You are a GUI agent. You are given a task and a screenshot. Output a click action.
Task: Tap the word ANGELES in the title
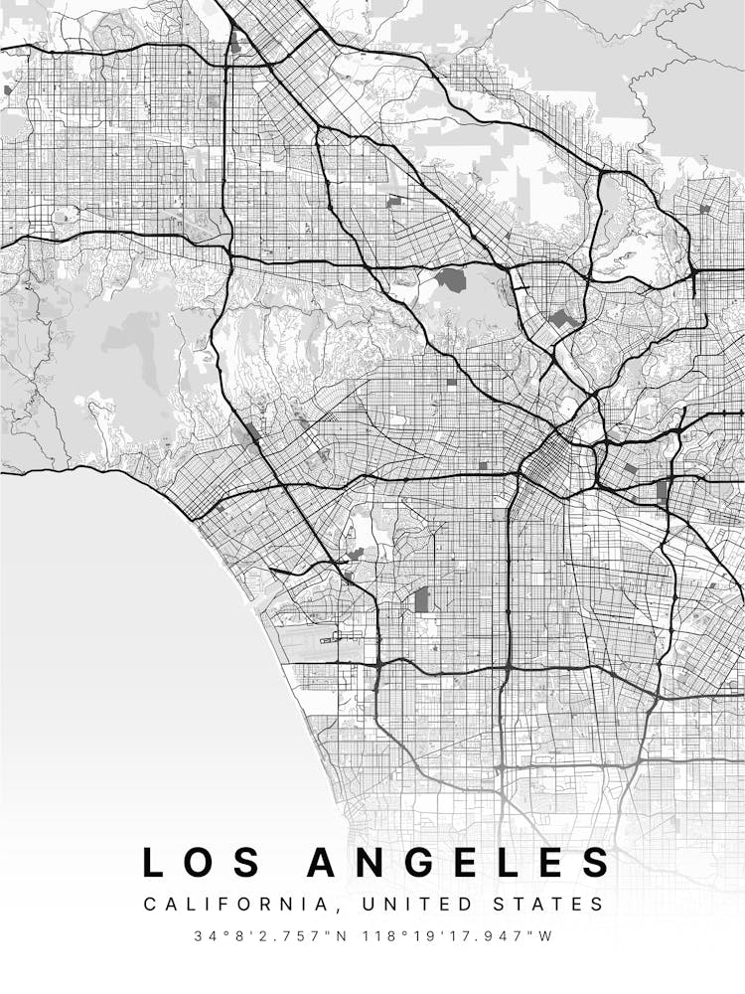pos(459,862)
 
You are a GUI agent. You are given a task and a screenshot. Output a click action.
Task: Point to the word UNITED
pos(408,905)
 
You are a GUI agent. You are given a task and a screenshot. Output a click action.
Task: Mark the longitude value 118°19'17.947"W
pos(459,936)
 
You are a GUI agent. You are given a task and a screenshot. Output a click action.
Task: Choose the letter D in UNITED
pos(448,905)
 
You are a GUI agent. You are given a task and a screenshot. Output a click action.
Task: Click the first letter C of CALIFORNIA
pos(150,905)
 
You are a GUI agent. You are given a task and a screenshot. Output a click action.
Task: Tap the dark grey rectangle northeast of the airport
pos(422,598)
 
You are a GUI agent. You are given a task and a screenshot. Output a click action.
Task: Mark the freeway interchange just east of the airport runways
pos(378,662)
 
